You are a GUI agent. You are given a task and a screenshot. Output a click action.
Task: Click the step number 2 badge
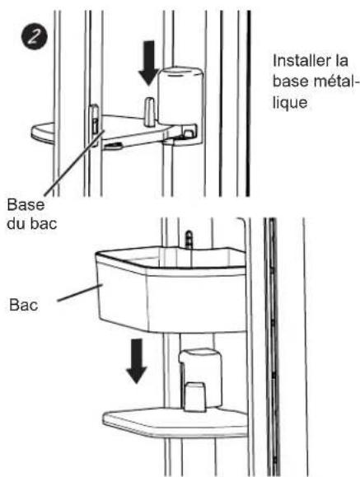click(x=34, y=37)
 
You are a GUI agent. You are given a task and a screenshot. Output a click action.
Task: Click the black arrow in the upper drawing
click(x=148, y=63)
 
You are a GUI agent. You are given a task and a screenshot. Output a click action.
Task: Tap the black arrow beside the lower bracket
click(x=136, y=361)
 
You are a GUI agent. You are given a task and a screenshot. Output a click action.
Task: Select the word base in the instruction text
click(x=290, y=82)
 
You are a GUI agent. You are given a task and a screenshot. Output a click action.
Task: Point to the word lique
click(x=290, y=103)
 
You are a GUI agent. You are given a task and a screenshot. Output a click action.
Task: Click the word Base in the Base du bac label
click(x=26, y=205)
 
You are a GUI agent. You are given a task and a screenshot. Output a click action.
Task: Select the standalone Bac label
click(x=23, y=305)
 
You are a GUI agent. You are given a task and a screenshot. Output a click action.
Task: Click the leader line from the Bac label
click(x=80, y=292)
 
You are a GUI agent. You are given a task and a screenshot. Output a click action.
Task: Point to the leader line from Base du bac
click(x=75, y=162)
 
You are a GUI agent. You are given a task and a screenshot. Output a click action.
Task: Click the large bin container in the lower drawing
click(x=171, y=289)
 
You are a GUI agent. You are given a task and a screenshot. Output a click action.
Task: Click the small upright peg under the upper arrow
click(x=149, y=111)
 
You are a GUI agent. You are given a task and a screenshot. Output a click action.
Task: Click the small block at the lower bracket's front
click(x=194, y=396)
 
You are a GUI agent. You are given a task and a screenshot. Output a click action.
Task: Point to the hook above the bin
click(x=189, y=240)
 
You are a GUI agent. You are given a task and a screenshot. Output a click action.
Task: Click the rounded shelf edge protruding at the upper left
click(x=43, y=133)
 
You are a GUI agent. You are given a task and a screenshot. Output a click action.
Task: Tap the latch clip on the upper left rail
click(x=95, y=121)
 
